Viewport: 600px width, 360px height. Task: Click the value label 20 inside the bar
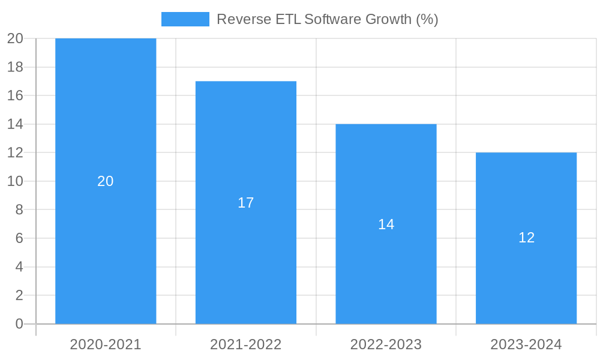click(x=106, y=181)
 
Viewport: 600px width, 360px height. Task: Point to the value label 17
click(x=246, y=203)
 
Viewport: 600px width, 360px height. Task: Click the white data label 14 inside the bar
click(x=386, y=224)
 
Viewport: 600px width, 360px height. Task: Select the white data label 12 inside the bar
click(x=526, y=238)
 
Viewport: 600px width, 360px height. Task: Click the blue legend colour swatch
click(x=185, y=19)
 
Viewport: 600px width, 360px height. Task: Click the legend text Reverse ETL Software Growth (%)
click(x=327, y=19)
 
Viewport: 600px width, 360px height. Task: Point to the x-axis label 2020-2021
click(x=106, y=344)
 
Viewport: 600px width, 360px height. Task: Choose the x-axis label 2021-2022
click(x=246, y=344)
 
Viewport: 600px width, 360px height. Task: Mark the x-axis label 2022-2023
click(x=386, y=344)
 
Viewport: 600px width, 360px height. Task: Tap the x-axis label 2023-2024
click(x=526, y=344)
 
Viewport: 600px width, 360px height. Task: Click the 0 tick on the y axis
click(x=19, y=324)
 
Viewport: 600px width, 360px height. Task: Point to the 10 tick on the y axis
click(x=15, y=181)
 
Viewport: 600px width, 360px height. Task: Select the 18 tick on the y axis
click(x=15, y=67)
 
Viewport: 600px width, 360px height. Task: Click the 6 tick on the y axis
click(x=19, y=238)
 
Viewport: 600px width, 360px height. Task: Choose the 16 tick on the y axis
click(x=15, y=95)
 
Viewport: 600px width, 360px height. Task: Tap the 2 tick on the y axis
click(x=19, y=295)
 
